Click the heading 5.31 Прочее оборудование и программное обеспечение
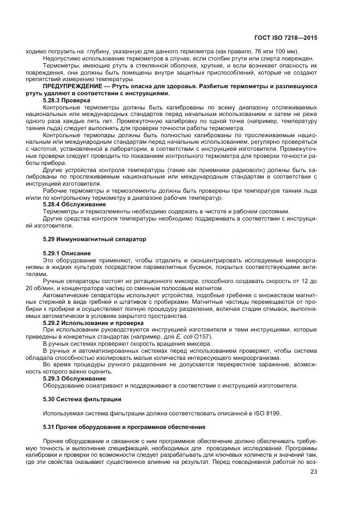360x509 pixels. click(124, 426)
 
